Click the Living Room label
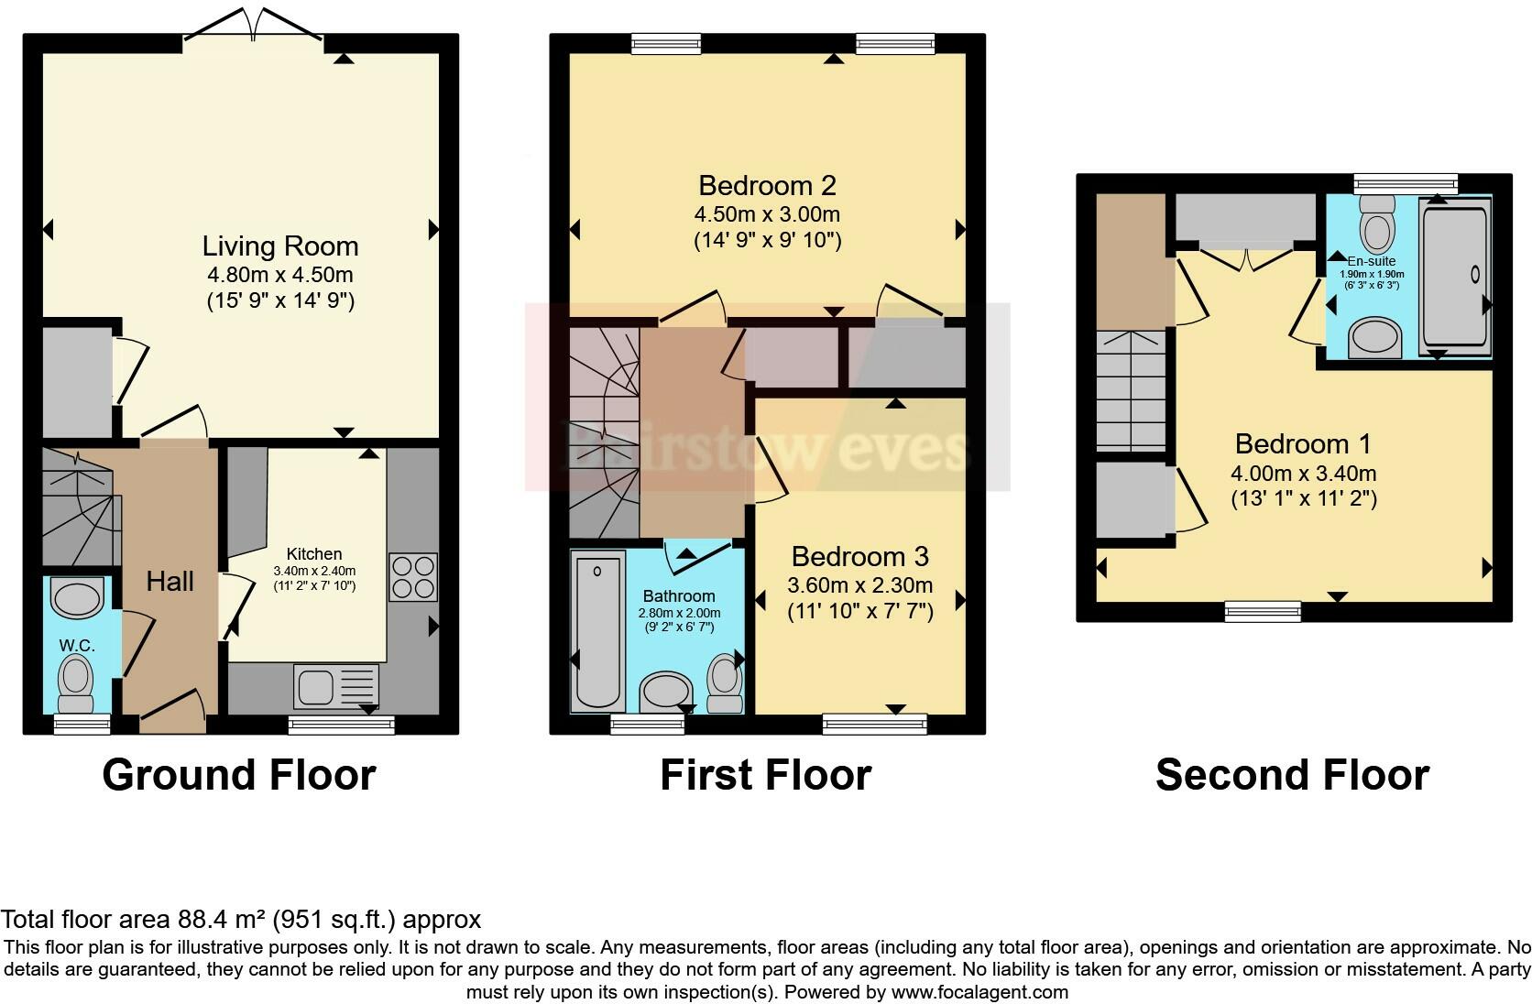tap(280, 246)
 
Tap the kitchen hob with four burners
tap(413, 576)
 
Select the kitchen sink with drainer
tap(335, 686)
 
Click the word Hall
tap(170, 582)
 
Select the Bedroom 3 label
tap(859, 557)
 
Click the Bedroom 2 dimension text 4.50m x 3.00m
tap(767, 214)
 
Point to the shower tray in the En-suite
tap(1455, 277)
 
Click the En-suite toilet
tap(1377, 224)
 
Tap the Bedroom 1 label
tap(1303, 444)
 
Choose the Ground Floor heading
tap(239, 774)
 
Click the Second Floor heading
tap(1293, 774)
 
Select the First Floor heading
tap(766, 774)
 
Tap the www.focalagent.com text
tap(979, 992)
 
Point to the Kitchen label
tap(314, 554)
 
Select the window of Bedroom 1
tap(1263, 611)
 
